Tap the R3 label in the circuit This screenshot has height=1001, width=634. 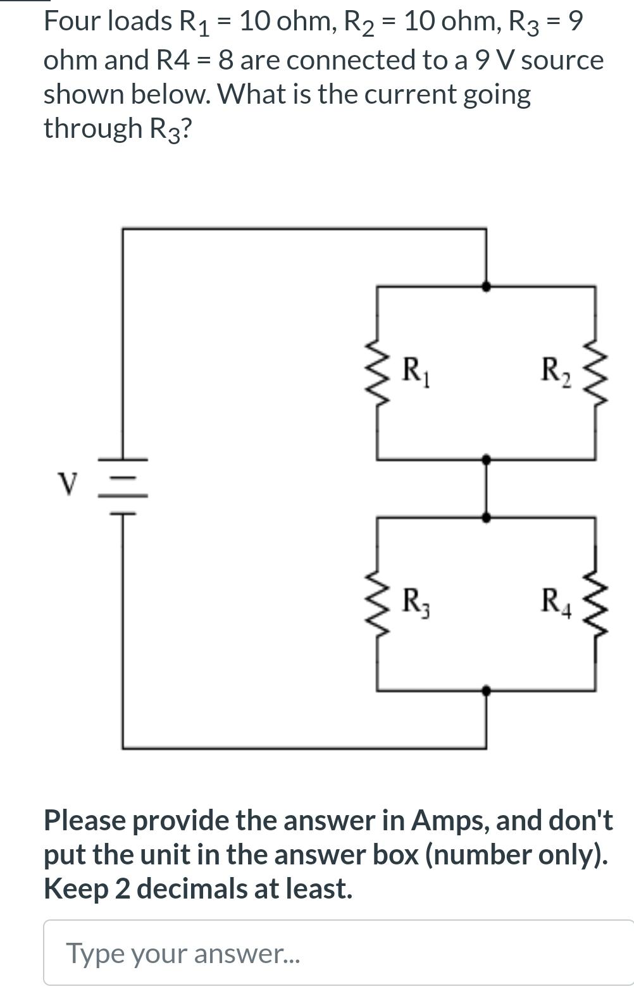click(x=417, y=601)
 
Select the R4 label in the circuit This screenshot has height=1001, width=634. click(x=556, y=601)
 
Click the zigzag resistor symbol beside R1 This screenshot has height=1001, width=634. click(x=377, y=374)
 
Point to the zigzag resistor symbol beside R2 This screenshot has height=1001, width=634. click(x=595, y=374)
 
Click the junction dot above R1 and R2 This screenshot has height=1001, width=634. click(x=486, y=286)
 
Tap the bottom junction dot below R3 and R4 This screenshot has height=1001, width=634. click(x=486, y=691)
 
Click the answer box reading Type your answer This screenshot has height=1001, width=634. click(x=339, y=953)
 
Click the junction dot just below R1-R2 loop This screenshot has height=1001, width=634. click(x=486, y=460)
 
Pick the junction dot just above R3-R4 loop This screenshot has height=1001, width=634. click(x=486, y=517)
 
